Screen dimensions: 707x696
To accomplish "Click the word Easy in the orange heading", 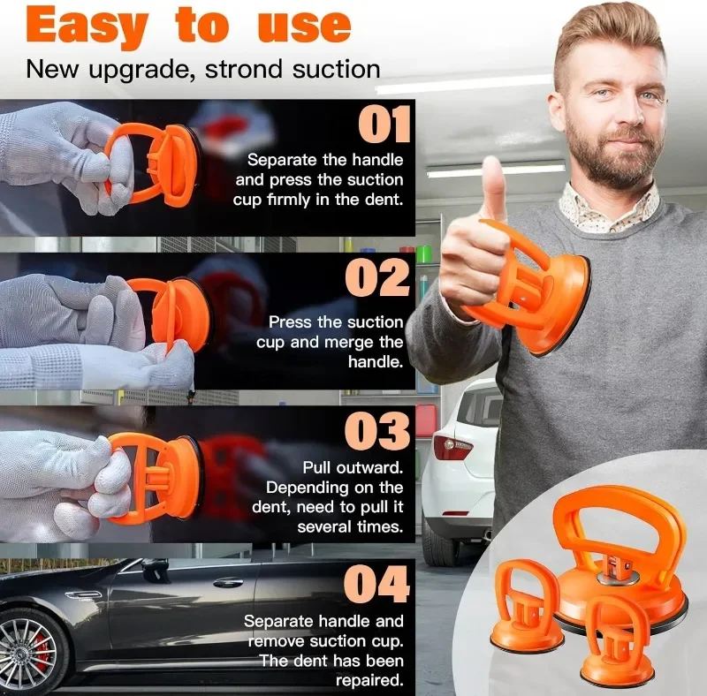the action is coord(87,27).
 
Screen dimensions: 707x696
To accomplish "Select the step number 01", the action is coord(384,124).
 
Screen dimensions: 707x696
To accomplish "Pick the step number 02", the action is coord(378,277).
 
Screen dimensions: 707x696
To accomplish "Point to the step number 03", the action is coord(378,430).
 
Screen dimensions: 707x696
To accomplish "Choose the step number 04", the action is coord(377,584).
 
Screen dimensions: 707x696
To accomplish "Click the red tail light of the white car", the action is coord(452,446).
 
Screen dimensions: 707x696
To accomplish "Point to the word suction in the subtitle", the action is coord(336,70).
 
